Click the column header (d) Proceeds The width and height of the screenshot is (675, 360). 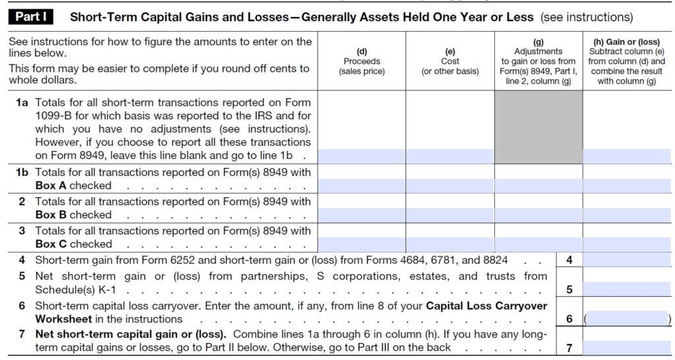click(361, 61)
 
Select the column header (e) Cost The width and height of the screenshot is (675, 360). click(450, 61)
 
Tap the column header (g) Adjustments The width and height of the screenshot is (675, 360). click(538, 61)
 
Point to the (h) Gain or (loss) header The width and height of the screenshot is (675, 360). click(626, 61)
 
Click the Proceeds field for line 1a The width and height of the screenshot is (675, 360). click(361, 156)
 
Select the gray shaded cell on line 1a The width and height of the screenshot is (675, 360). click(538, 127)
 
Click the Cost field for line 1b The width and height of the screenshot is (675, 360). click(450, 186)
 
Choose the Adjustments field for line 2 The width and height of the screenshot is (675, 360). click(538, 216)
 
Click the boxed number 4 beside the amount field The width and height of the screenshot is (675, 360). click(569, 260)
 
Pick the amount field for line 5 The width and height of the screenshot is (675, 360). click(626, 289)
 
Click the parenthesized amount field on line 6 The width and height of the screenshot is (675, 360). click(626, 318)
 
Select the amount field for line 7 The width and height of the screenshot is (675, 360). click(626, 347)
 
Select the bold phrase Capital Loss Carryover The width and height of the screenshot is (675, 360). click(486, 305)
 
